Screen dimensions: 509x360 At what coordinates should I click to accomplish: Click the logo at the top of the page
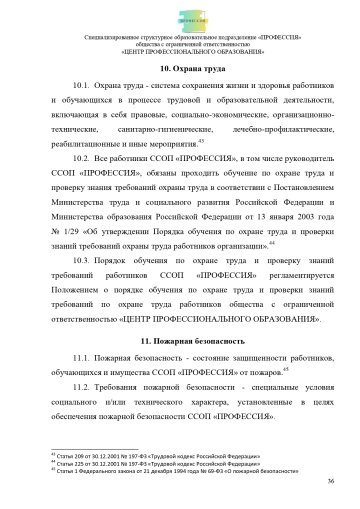[181, 17]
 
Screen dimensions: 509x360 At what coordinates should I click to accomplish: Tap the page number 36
[330, 482]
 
